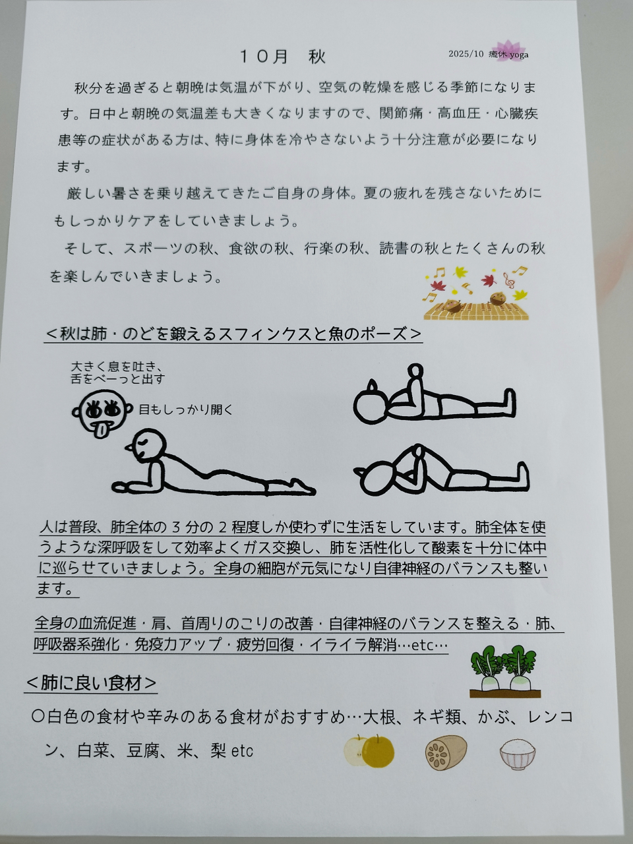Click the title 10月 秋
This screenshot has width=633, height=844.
point(282,57)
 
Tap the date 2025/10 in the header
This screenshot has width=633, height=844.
point(466,54)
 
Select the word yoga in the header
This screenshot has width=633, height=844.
point(519,55)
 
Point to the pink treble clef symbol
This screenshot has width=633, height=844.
point(509,280)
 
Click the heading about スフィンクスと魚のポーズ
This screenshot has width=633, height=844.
point(233,334)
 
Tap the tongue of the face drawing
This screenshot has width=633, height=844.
point(102,431)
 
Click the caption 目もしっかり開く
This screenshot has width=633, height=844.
point(186,409)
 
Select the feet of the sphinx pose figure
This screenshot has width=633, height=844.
point(303,487)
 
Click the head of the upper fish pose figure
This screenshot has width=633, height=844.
point(370,406)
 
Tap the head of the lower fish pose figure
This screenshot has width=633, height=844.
point(378,479)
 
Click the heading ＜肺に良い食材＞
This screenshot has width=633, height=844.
point(92,683)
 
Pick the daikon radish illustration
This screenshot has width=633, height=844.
point(504,672)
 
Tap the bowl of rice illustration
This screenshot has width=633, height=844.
point(518,754)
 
